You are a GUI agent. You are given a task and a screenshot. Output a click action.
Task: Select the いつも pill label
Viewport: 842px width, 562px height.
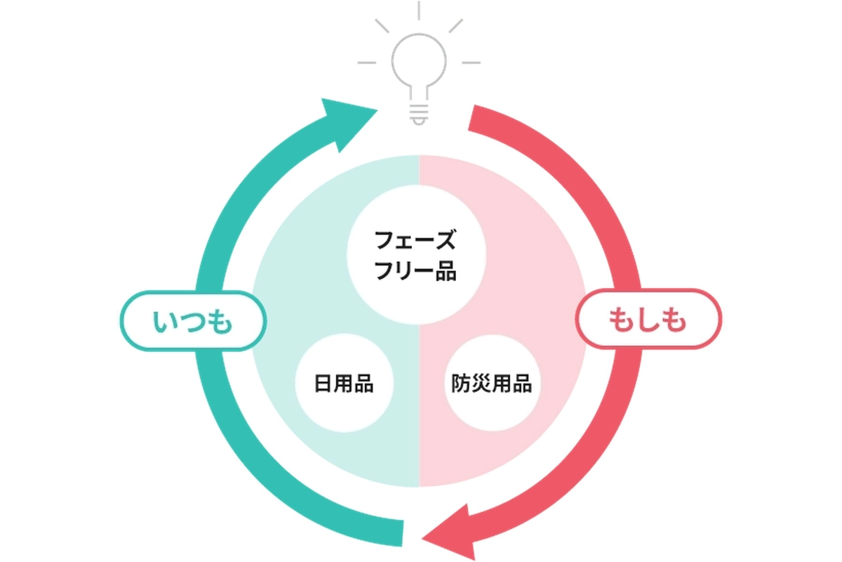point(193,321)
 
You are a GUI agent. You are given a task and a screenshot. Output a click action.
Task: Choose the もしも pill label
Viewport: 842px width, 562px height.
point(648,319)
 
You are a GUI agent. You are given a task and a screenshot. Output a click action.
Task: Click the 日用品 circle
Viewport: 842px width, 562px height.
point(344,383)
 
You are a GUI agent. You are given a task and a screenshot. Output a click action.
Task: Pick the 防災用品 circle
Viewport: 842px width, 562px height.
point(492,383)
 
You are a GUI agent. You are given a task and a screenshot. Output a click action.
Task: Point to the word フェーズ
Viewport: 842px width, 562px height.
point(415,240)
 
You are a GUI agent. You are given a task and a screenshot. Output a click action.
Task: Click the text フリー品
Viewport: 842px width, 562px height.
point(415,271)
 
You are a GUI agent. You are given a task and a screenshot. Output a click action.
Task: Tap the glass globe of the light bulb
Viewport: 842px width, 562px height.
point(419,60)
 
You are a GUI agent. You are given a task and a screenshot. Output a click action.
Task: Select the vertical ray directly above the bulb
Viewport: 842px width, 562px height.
point(419,11)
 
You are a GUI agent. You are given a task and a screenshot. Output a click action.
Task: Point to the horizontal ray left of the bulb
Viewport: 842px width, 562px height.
point(366,63)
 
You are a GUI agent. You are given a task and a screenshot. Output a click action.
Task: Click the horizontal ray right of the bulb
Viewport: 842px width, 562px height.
point(471,63)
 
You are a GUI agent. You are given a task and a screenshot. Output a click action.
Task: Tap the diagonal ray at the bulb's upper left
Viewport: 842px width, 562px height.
point(382,26)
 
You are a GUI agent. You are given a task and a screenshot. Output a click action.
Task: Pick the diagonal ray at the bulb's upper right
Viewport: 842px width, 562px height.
point(456,26)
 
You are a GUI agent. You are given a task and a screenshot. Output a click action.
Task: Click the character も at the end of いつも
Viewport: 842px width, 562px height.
point(220,322)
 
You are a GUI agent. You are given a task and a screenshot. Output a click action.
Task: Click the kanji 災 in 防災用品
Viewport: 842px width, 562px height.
point(481,384)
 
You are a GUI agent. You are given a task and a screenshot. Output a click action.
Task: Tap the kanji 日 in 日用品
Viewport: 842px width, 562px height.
point(323,384)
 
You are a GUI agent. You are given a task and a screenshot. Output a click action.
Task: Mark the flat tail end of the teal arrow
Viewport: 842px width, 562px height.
point(403,533)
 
